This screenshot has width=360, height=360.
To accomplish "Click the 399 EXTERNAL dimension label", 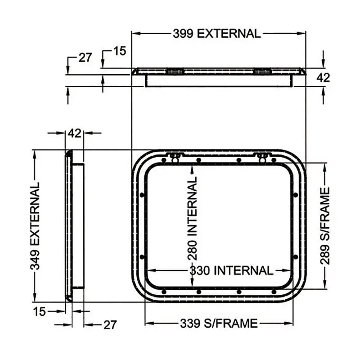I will click(216, 33).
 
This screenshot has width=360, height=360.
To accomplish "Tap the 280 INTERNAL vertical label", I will click(193, 218).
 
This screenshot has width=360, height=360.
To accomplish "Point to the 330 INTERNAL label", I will click(231, 270).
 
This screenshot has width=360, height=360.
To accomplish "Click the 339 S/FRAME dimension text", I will click(219, 323).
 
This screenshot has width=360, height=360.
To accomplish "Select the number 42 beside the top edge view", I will click(323, 77).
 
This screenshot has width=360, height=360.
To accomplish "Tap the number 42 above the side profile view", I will click(74, 133).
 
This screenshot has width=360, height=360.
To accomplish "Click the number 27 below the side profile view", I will click(110, 324).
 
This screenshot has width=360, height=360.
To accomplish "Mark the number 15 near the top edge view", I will click(119, 51).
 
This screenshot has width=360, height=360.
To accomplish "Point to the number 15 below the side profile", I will click(40, 311).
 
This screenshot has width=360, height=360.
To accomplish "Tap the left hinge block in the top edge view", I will click(175, 71).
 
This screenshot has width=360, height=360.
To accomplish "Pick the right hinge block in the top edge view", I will click(262, 71).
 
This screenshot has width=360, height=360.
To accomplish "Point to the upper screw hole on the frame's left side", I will click(142, 195).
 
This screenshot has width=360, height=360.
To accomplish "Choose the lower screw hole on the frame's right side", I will click(296, 257).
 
